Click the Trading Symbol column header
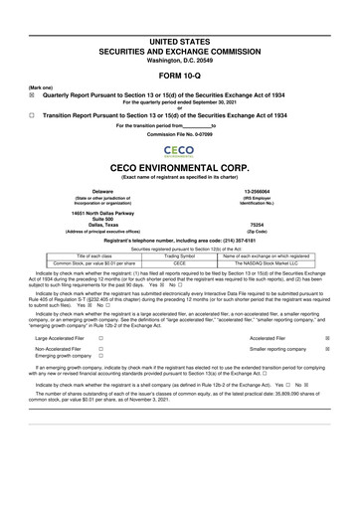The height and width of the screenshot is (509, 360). tap(180, 254)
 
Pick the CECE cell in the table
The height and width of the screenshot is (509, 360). tap(180, 262)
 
